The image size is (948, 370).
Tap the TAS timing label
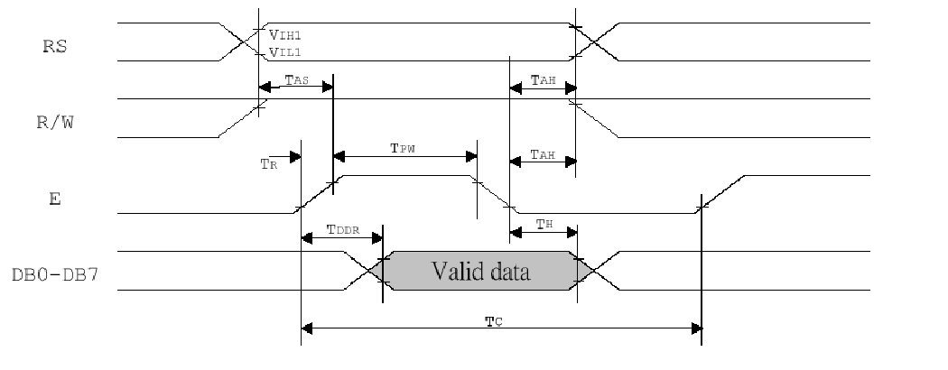pos(296,80)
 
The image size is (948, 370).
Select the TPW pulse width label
pos(403,149)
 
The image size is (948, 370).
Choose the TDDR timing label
pos(343,230)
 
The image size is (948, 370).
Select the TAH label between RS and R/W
pos(543,80)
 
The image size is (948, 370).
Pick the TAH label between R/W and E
pos(543,155)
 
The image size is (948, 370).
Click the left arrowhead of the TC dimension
pos(307,328)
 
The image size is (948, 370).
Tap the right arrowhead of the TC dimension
pos(695,328)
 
